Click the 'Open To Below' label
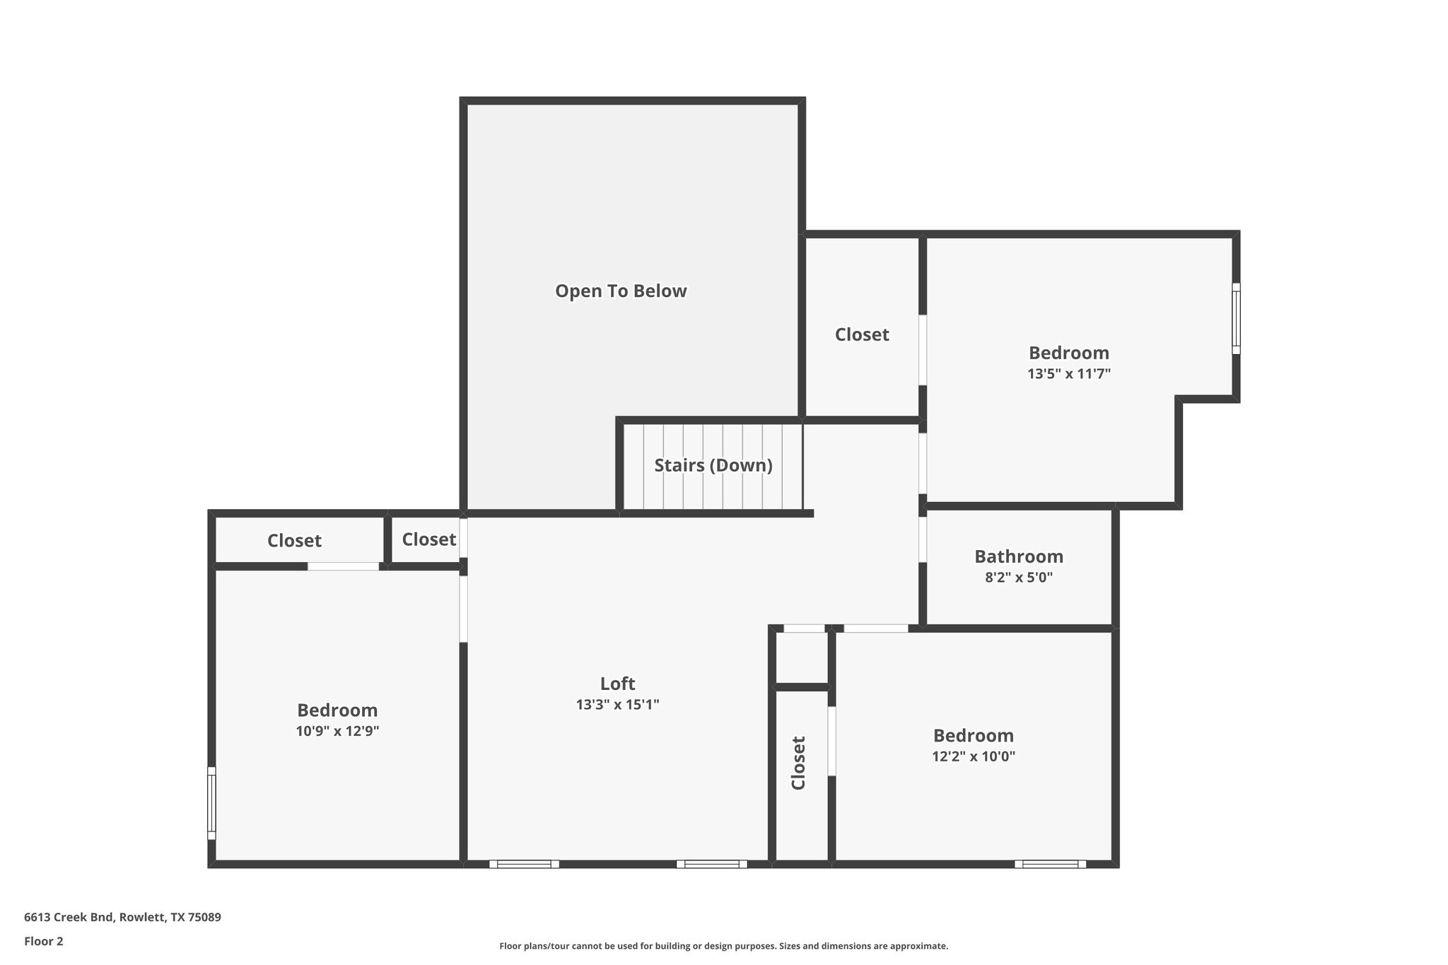(x=620, y=291)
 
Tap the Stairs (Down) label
(x=713, y=465)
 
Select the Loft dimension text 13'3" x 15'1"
(x=617, y=704)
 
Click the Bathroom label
(x=1018, y=556)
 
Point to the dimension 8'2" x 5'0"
(x=1018, y=577)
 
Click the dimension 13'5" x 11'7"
(x=1068, y=373)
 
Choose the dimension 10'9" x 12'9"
(x=337, y=731)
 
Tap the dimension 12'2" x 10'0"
(x=973, y=756)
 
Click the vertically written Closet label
(x=798, y=763)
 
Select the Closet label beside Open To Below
(x=861, y=334)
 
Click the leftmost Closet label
(x=294, y=541)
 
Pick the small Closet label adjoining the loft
(x=428, y=539)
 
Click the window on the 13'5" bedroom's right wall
(x=1236, y=318)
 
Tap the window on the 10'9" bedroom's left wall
(x=211, y=803)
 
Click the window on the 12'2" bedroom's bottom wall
(x=1050, y=864)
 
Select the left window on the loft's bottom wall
(x=524, y=864)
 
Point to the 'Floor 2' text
(x=43, y=941)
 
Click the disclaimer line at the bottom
(x=723, y=946)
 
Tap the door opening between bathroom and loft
(x=923, y=539)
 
